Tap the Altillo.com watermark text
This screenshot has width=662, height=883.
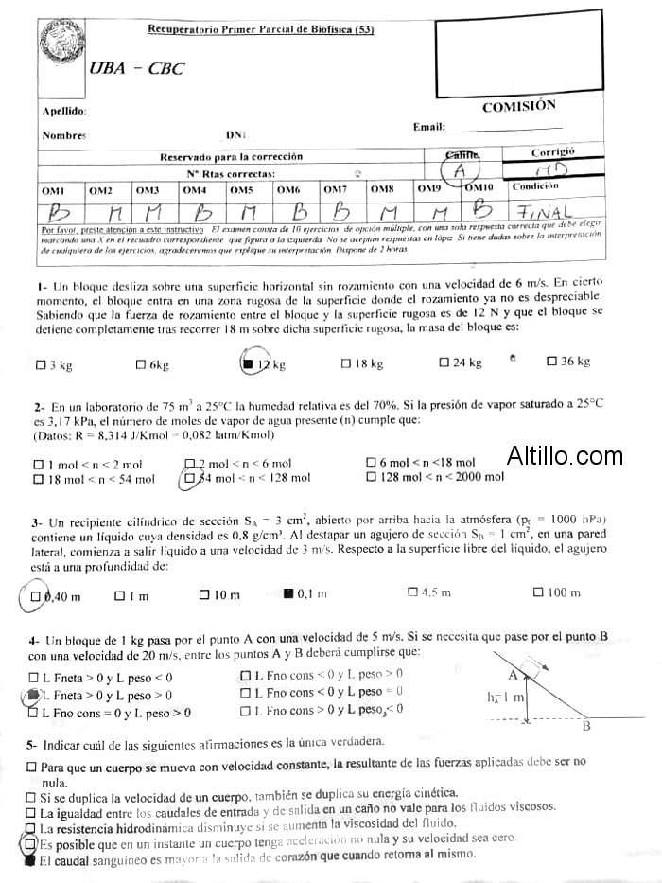click(x=565, y=456)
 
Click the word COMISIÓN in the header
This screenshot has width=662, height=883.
click(x=519, y=107)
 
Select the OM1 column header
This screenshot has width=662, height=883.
click(x=53, y=190)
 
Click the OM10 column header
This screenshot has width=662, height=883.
click(x=479, y=187)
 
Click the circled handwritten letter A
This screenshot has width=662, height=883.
click(x=460, y=171)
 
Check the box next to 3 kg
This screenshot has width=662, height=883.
click(x=41, y=364)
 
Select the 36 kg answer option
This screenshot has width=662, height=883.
click(x=552, y=362)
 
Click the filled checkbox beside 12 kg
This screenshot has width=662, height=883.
click(x=247, y=362)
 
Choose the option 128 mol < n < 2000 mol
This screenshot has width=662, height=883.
click(x=372, y=477)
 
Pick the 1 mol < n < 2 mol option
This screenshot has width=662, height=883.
click(x=38, y=465)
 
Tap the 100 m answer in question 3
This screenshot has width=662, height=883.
click(x=538, y=592)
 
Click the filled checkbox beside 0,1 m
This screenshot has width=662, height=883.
click(x=288, y=593)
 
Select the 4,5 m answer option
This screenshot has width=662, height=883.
click(x=412, y=592)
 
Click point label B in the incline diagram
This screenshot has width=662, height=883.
click(x=586, y=726)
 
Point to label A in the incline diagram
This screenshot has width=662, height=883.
click(x=513, y=675)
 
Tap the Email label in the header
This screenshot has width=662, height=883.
click(x=428, y=127)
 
